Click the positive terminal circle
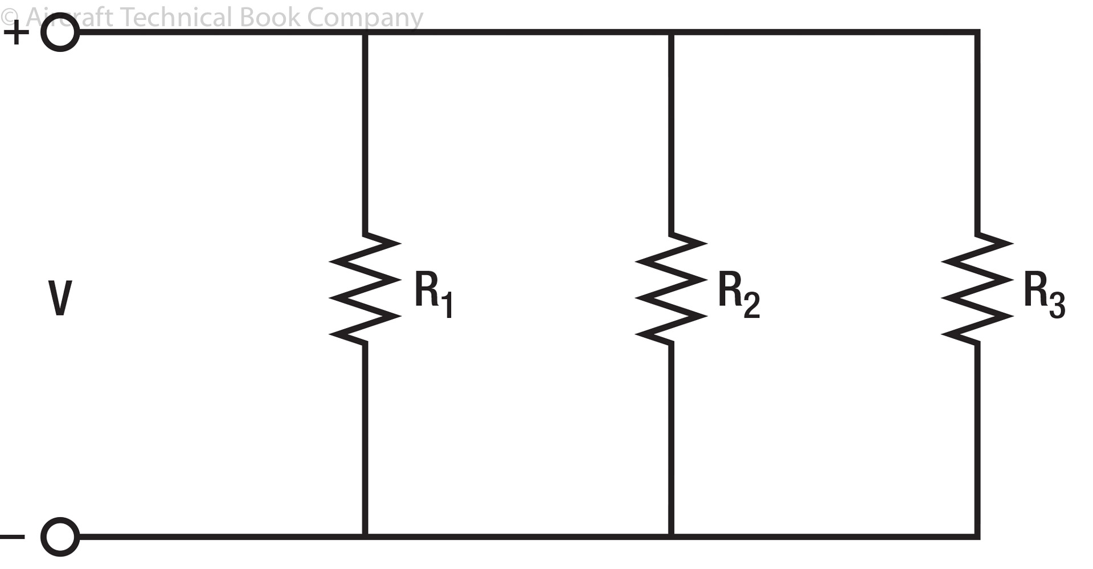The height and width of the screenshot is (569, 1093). click(x=60, y=33)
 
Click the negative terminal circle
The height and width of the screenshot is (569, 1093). click(x=60, y=537)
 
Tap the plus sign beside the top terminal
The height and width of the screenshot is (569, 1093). click(x=16, y=33)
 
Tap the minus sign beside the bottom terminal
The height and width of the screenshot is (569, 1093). click(x=13, y=537)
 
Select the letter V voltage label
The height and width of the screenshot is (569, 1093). click(x=60, y=298)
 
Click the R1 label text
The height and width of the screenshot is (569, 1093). click(x=433, y=294)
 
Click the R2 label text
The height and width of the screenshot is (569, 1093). click(x=738, y=294)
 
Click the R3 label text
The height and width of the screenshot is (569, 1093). click(x=1043, y=294)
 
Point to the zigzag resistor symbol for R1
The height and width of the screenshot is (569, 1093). click(x=365, y=288)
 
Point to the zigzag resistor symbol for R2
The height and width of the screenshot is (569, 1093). click(x=671, y=288)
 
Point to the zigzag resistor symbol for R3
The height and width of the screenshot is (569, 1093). click(x=977, y=288)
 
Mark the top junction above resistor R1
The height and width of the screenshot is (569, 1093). click(x=365, y=33)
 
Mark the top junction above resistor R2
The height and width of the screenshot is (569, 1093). click(x=671, y=33)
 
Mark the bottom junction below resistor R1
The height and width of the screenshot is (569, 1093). click(x=365, y=536)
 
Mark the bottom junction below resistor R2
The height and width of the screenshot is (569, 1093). click(x=671, y=536)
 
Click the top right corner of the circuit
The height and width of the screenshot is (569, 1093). click(x=977, y=33)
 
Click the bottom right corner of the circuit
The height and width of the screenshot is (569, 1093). click(x=977, y=536)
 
